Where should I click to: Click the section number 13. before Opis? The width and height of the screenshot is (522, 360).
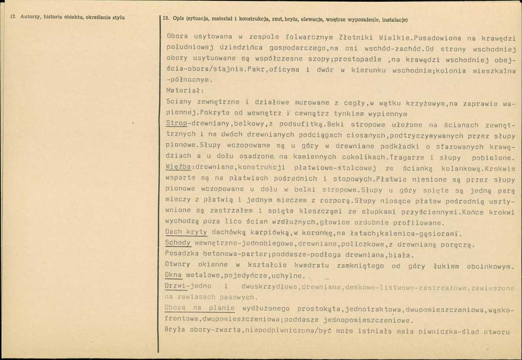166,20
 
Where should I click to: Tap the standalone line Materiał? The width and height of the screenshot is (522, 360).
182,91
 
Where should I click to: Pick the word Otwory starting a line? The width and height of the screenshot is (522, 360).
179,264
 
